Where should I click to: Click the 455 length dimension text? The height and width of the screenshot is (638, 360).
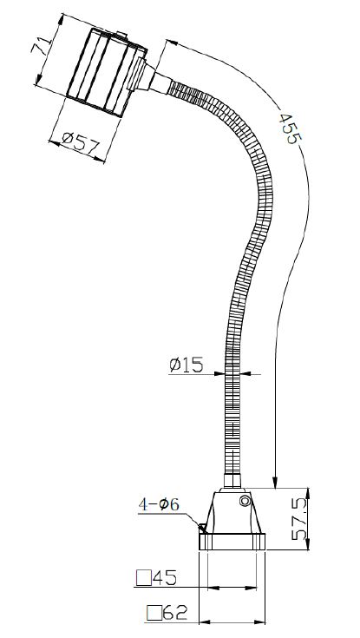click(x=289, y=128)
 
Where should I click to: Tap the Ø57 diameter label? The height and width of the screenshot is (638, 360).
click(x=81, y=143)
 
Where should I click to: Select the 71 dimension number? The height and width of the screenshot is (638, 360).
click(x=41, y=45)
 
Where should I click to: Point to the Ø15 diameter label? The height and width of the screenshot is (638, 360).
click(x=186, y=365)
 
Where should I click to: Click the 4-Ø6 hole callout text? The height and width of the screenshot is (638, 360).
click(x=159, y=504)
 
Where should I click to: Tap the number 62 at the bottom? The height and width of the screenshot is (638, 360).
click(x=175, y=612)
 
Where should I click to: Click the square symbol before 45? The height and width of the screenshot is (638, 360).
click(x=144, y=578)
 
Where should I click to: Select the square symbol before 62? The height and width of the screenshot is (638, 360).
click(x=154, y=613)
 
